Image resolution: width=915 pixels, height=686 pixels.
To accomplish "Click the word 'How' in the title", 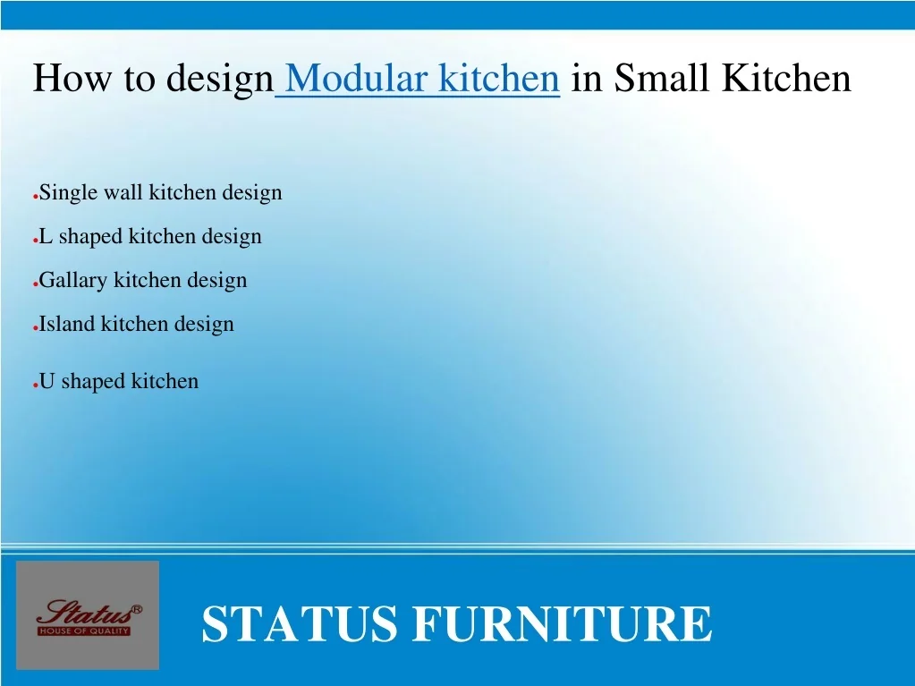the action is [72, 77].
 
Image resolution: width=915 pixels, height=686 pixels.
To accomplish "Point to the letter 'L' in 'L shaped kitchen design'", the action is [46, 236].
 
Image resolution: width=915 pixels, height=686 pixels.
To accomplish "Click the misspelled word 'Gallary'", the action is [73, 281].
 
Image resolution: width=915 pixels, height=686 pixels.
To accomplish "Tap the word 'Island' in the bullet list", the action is [67, 324].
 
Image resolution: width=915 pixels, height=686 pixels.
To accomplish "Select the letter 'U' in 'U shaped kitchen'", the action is [47, 381].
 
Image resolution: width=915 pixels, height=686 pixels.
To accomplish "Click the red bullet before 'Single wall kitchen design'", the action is [36, 197].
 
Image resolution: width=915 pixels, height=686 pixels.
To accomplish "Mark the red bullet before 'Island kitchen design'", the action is [36, 328].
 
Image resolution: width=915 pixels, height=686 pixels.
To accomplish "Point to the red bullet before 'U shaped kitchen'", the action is [36, 385].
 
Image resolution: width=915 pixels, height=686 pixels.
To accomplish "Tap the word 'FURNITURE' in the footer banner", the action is [562, 623].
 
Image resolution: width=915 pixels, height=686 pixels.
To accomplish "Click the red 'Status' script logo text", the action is [86, 613].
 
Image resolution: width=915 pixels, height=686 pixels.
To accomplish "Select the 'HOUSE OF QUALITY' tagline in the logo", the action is [83, 631].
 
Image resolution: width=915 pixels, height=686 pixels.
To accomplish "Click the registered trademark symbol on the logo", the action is [137, 609].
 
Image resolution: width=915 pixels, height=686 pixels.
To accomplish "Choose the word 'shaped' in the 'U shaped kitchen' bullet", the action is [93, 382].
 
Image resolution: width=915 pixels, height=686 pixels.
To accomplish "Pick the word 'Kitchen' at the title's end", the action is [786, 77].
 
